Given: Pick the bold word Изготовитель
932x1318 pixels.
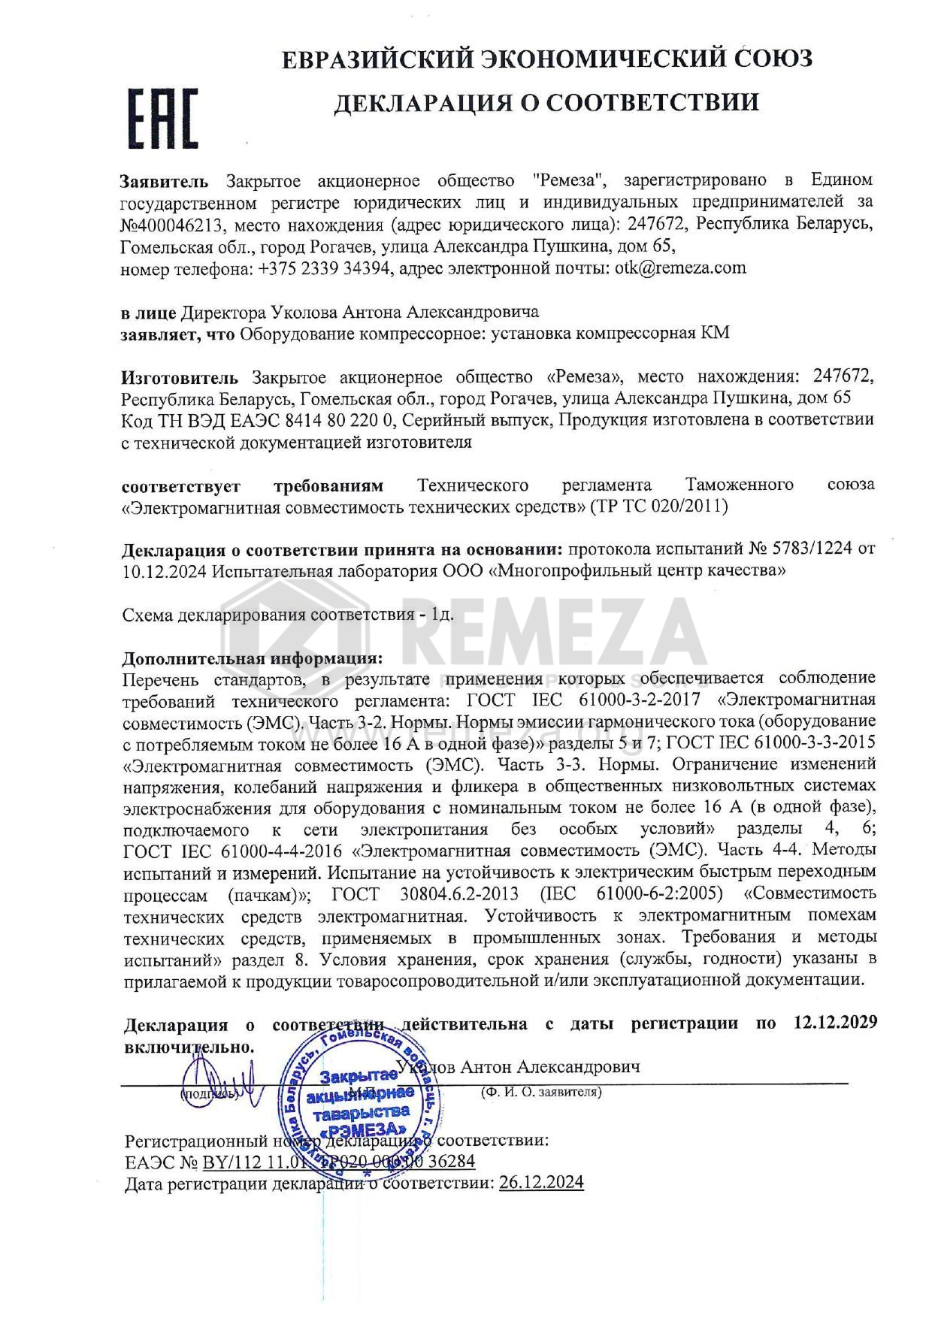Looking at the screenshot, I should (x=180, y=376).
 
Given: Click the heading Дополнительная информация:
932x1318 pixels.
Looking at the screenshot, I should (x=252, y=658).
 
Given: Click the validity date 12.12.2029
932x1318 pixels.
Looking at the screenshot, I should (x=835, y=1023).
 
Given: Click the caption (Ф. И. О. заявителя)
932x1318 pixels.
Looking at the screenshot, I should (x=540, y=1092).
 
